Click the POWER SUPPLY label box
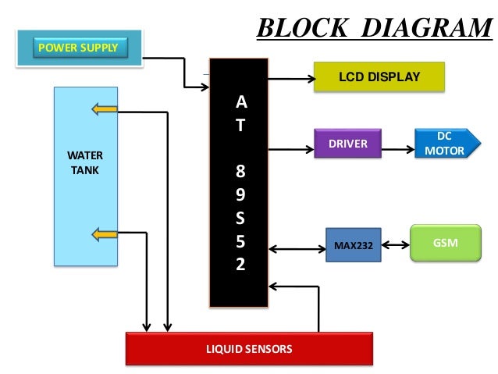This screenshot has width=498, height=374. point(78,48)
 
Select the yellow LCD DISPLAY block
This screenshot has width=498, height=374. point(379,77)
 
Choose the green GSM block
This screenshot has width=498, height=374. point(445,244)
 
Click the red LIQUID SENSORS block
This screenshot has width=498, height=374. point(249,348)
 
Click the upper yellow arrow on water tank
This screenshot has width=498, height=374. point(104,109)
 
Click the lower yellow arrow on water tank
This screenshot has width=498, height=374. point(104,233)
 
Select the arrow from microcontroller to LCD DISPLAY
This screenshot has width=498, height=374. point(290,79)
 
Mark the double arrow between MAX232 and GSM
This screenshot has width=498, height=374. point(395,245)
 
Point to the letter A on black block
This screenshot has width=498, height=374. point(240,102)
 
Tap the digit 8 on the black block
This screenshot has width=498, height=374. point(240,169)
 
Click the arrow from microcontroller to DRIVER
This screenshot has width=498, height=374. point(290,147)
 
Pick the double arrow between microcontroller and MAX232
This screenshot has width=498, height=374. point(296,250)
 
